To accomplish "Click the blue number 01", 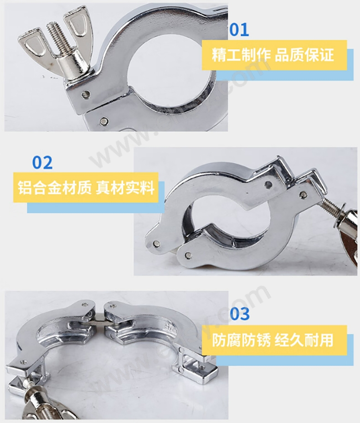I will click(238, 30).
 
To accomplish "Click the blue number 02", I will click(42, 162).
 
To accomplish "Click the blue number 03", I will click(239, 314).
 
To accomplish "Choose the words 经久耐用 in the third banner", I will click(304, 340).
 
